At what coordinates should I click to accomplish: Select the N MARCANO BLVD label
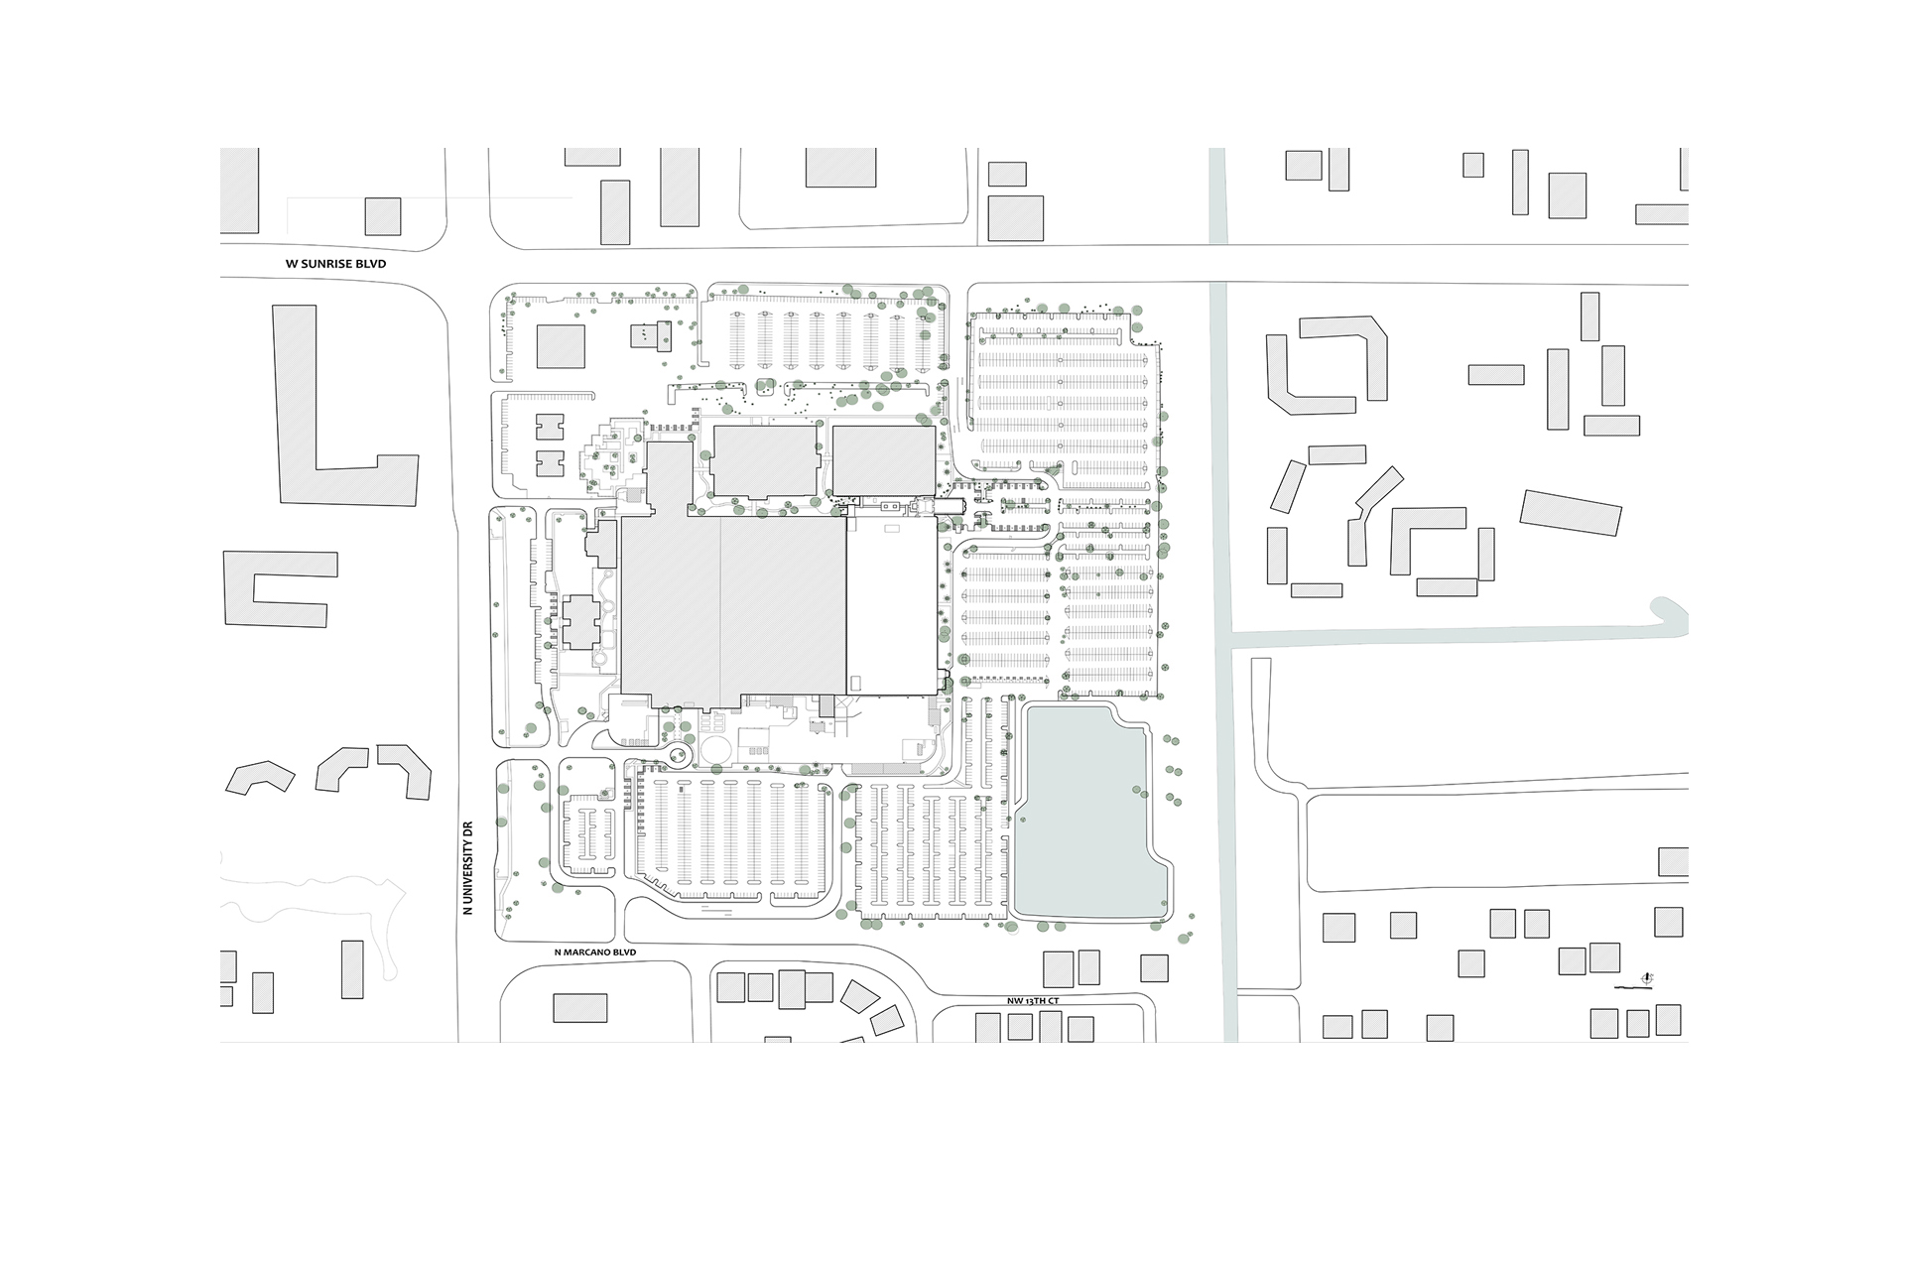tap(594, 952)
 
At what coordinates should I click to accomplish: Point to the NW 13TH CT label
tap(1033, 1001)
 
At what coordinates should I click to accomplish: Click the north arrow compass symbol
tap(1647, 978)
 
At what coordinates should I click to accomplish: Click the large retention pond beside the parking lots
tap(1089, 812)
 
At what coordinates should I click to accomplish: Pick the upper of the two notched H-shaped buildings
tap(548, 428)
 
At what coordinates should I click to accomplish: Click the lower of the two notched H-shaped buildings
tap(548, 463)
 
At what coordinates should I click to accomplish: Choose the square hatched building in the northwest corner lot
tap(561, 346)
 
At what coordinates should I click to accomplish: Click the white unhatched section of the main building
tap(891, 605)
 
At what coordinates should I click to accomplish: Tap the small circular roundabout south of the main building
tap(680, 756)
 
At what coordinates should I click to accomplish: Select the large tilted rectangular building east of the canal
tap(1571, 513)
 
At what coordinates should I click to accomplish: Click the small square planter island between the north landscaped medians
tap(764, 387)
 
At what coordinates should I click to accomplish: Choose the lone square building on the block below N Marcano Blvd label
tap(579, 1008)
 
